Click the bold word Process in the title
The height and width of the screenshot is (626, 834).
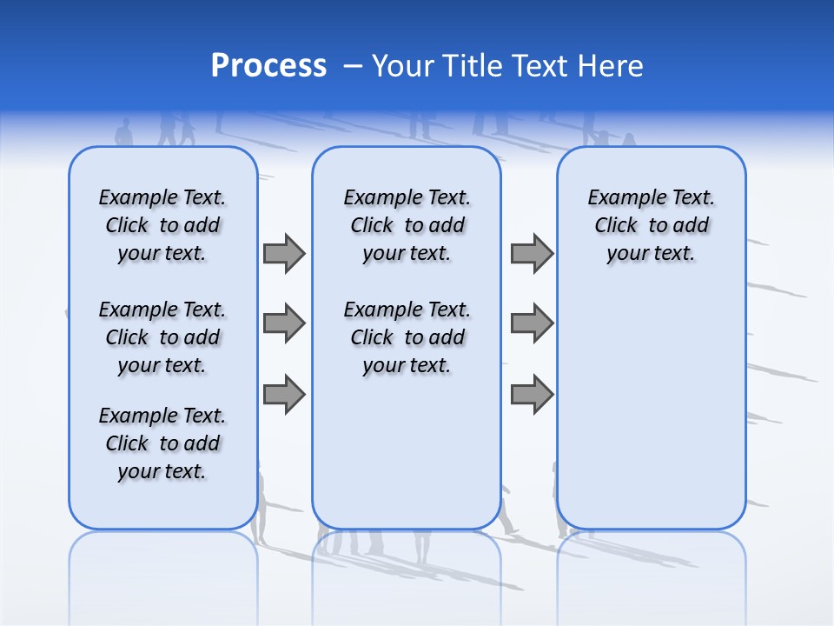pyautogui.click(x=268, y=66)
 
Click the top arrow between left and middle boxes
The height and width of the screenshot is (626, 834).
pyautogui.click(x=284, y=253)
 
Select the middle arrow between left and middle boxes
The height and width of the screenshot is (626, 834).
pyautogui.click(x=284, y=323)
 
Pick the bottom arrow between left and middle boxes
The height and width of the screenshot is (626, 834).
pyautogui.click(x=284, y=395)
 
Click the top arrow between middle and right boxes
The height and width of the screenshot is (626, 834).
pyautogui.click(x=532, y=253)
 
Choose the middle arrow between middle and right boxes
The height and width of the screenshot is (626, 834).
pyautogui.click(x=532, y=323)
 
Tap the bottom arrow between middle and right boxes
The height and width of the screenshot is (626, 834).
pyautogui.click(x=532, y=395)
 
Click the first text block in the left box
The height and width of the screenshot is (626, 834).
pyautogui.click(x=162, y=225)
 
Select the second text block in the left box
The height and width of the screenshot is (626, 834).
pyautogui.click(x=162, y=337)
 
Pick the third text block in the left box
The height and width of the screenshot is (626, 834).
pyautogui.click(x=162, y=443)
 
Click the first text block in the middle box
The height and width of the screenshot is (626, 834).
pyautogui.click(x=407, y=225)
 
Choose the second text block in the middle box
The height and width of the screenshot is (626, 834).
pyautogui.click(x=407, y=337)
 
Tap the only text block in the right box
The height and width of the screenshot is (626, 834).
pyautogui.click(x=652, y=225)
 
